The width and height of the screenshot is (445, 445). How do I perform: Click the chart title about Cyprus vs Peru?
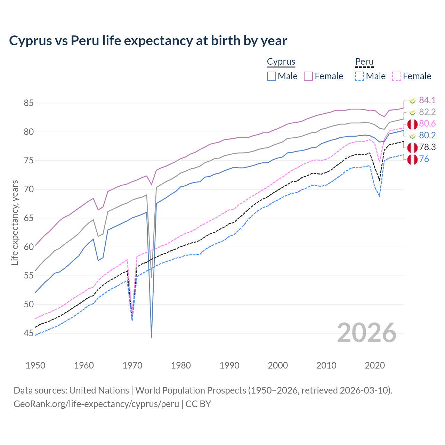coord(148,41)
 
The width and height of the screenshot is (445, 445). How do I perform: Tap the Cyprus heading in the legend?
coord(281,62)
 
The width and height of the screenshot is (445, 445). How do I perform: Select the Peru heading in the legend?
coord(364,62)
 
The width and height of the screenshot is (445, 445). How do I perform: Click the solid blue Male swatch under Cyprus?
coord(272,76)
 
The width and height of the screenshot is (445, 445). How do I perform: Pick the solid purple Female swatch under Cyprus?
coord(308,76)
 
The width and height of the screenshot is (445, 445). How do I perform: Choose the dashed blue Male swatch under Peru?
coord(359,76)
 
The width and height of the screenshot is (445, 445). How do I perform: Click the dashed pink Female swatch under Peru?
coord(397,76)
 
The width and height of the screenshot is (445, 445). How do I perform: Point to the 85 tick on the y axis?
coord(29,103)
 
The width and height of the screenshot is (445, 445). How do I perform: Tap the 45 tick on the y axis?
coord(29,333)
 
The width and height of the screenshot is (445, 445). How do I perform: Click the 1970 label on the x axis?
coord(132,365)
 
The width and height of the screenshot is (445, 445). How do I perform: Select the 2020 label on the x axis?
coord(375,365)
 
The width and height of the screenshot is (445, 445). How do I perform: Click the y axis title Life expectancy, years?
coord(15,222)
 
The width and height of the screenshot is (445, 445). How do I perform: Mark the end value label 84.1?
coord(427,100)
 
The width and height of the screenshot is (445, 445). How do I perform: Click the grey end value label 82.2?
coord(427,112)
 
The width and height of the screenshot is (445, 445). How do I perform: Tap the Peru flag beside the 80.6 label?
coord(412,124)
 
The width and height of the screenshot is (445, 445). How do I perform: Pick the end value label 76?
coord(424,159)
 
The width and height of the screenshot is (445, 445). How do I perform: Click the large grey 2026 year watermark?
coord(367,333)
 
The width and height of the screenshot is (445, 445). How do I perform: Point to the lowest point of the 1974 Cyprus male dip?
coord(152,337)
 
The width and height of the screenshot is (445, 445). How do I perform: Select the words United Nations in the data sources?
coord(99,390)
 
